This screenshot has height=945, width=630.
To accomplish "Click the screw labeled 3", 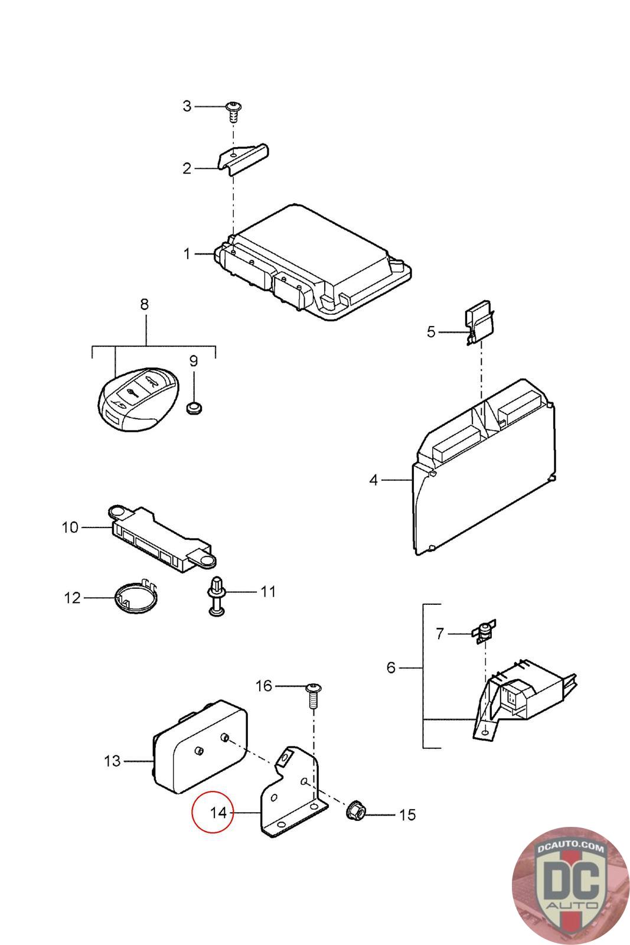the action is click(x=233, y=112).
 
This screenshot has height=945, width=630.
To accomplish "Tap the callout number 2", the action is click(x=187, y=169).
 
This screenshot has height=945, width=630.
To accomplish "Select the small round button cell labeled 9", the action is click(x=194, y=408).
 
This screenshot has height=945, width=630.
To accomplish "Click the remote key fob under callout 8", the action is click(x=139, y=399).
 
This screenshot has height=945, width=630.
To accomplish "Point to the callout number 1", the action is click(x=187, y=254).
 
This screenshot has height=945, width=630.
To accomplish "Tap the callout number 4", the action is click(x=374, y=480).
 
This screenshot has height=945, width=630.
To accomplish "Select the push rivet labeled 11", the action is click(x=216, y=596).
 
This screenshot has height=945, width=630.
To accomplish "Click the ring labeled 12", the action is click(x=136, y=598).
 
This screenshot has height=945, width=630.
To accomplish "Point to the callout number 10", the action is click(x=70, y=527).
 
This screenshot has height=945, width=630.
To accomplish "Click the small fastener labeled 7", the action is click(x=484, y=631).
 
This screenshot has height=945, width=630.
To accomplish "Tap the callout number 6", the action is click(x=391, y=668).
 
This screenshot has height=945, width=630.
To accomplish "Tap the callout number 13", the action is click(x=112, y=761).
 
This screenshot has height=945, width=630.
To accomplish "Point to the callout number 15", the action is click(x=407, y=814).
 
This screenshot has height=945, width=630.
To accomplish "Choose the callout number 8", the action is click(x=145, y=304).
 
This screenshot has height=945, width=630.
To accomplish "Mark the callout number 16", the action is click(x=264, y=686).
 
